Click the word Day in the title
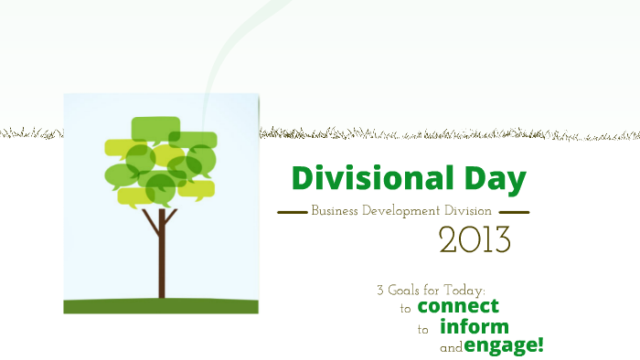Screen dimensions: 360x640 point(492,179)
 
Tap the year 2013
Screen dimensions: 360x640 point(475,239)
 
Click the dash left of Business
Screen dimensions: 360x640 point(292,212)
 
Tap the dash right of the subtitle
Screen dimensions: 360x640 point(514,212)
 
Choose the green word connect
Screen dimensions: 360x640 point(458,306)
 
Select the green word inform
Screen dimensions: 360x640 point(474,327)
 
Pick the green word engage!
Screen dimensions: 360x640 point(504,345)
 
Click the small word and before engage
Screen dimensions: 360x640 point(451,348)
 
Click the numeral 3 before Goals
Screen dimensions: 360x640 point(380,290)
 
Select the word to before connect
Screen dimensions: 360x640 point(406,309)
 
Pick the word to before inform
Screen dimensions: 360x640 point(423,330)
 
